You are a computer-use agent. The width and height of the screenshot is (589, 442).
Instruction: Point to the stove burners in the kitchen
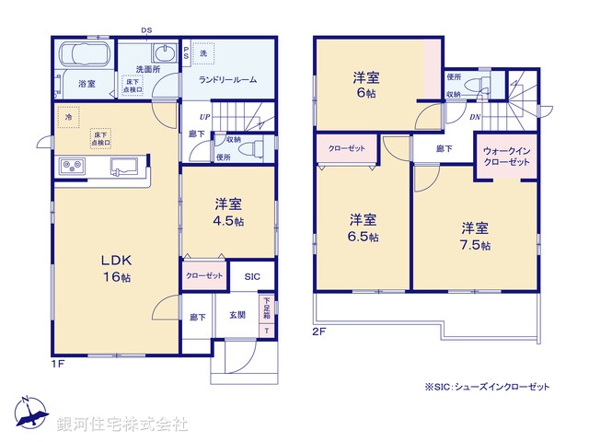(71, 167)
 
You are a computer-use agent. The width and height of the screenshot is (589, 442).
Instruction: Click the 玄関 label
(237, 316)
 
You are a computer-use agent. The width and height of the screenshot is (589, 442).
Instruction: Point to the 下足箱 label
(267, 307)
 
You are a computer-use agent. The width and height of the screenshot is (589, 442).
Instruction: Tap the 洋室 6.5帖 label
(363, 227)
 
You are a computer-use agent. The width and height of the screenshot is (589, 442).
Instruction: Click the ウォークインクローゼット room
(505, 156)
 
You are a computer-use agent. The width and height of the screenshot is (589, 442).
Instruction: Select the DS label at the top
(146, 29)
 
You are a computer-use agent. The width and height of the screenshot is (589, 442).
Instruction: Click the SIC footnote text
(487, 387)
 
